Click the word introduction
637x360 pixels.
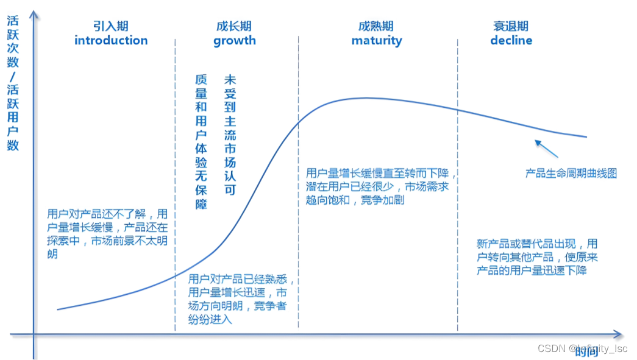point(111,41)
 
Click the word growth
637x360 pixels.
point(234,41)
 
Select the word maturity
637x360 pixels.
point(377,41)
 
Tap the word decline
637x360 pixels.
point(511,41)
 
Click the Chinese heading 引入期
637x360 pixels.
point(111,26)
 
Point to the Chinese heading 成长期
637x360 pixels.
point(234,26)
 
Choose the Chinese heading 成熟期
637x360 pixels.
point(376,26)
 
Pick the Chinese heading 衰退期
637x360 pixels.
point(511,26)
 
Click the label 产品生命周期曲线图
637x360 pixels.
point(571,174)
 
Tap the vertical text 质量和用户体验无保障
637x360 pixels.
point(201,142)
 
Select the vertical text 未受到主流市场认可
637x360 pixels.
point(230,135)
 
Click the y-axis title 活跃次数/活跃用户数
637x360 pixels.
point(13,83)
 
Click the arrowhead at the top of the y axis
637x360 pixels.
point(35,13)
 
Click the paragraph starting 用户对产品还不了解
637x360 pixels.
point(107,234)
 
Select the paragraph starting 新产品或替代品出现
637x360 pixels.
point(536,256)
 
